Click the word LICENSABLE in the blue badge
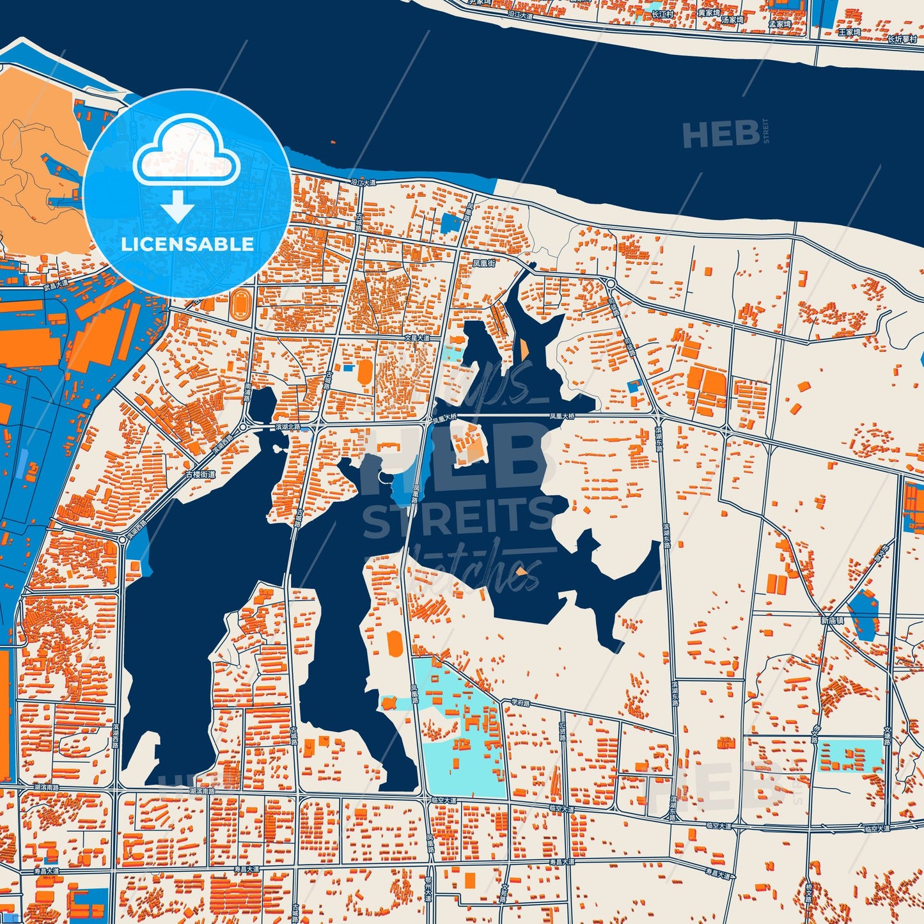(x=187, y=244)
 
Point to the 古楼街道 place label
(x=200, y=474)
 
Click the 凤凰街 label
(x=483, y=263)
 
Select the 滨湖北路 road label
(x=286, y=426)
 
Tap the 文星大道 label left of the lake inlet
(x=417, y=337)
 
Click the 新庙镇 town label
(x=833, y=620)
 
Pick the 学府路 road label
(x=521, y=701)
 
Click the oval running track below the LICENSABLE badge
(x=242, y=299)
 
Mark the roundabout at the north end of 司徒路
(x=611, y=283)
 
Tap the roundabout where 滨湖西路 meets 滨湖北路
(x=243, y=428)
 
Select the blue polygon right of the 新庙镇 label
(x=863, y=615)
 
